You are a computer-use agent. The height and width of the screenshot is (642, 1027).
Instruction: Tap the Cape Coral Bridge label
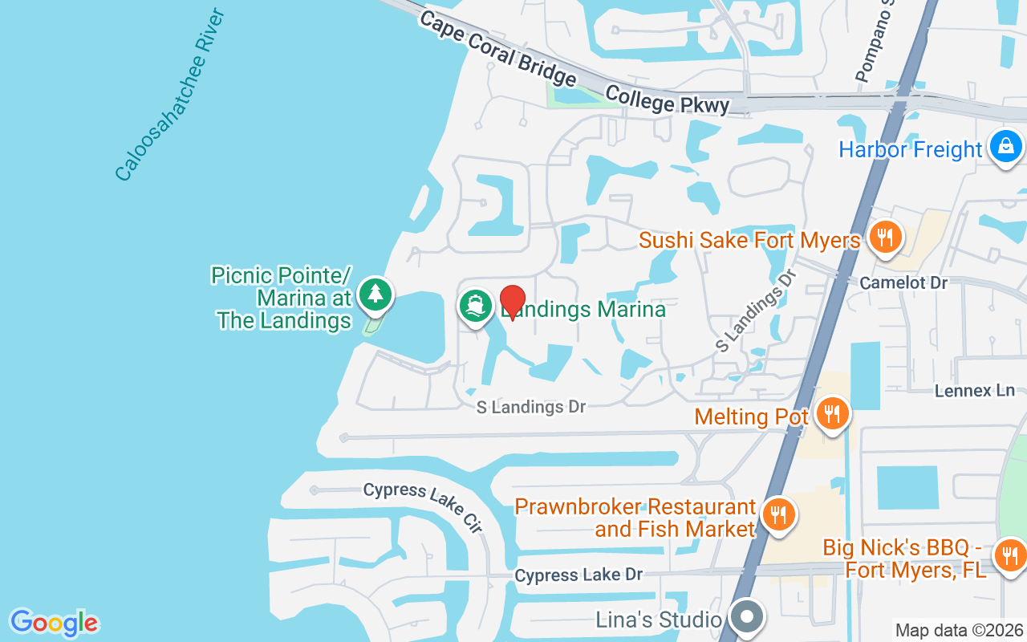point(498,49)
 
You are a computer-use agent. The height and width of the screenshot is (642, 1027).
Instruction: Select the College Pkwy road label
point(668,100)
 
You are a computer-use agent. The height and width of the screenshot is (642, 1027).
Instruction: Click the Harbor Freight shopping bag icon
point(1005,146)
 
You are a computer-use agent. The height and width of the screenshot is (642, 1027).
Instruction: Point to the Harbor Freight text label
point(910,150)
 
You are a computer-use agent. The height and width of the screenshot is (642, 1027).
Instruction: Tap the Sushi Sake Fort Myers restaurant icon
point(884,238)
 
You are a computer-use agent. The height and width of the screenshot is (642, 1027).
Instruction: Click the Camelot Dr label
point(903,282)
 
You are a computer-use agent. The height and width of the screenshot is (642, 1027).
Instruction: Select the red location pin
point(513,302)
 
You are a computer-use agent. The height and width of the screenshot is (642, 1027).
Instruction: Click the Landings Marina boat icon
point(476,307)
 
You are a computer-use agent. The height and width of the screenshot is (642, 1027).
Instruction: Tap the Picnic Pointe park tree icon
point(375,294)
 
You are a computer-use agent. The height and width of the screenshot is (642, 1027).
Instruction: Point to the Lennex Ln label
point(975,391)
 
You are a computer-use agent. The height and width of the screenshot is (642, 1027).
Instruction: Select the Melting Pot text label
point(751,417)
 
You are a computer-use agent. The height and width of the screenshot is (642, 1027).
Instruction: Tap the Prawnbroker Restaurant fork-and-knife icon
point(777,514)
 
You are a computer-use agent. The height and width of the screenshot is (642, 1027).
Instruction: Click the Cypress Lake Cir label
point(423,507)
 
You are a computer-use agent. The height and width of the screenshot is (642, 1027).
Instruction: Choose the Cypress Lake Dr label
point(578,575)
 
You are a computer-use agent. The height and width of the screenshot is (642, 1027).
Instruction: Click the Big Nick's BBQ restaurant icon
point(1010,555)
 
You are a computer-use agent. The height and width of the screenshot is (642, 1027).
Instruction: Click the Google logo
point(54,623)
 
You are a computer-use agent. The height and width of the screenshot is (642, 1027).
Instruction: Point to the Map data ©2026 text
point(959,631)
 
